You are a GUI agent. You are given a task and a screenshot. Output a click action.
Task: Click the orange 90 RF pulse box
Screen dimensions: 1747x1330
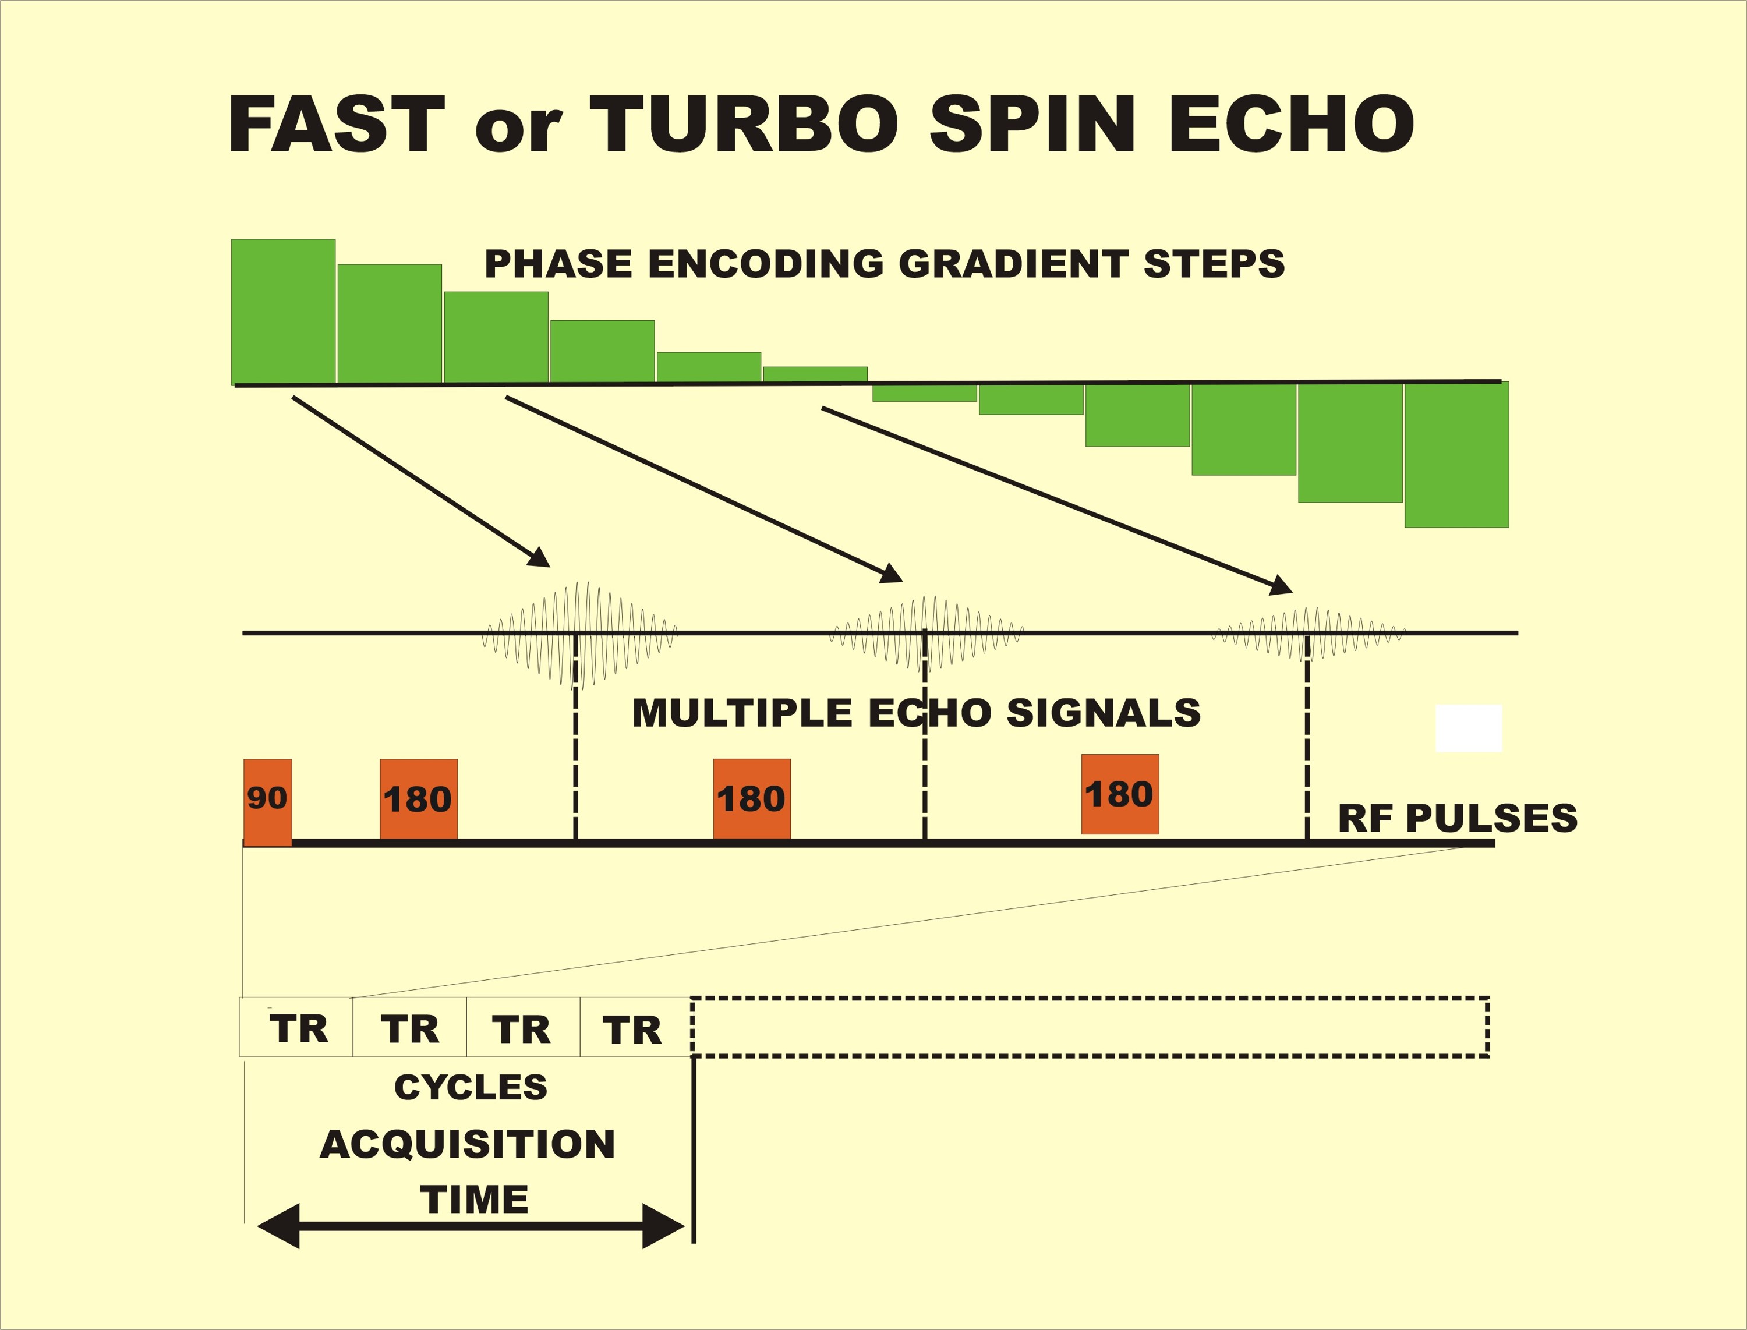(267, 802)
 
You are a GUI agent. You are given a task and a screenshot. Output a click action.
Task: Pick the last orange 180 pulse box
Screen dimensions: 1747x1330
(1120, 794)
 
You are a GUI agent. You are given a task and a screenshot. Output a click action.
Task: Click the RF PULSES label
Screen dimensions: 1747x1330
(1457, 818)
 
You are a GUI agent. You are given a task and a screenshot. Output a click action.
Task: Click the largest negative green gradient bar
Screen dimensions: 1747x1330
(1456, 454)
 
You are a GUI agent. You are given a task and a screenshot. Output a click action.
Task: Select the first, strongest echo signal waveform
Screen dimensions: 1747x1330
(579, 634)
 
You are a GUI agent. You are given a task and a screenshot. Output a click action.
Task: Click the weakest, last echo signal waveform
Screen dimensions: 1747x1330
(1309, 634)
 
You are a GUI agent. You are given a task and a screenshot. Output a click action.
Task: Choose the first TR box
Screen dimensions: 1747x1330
(296, 1027)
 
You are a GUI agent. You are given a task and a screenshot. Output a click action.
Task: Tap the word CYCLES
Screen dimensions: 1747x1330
(471, 1087)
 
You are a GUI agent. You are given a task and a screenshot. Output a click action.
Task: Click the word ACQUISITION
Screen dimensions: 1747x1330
(468, 1145)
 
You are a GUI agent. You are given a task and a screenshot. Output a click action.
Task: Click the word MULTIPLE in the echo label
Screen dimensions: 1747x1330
(742, 713)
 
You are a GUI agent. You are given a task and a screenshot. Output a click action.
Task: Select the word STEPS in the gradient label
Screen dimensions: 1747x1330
(1214, 264)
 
